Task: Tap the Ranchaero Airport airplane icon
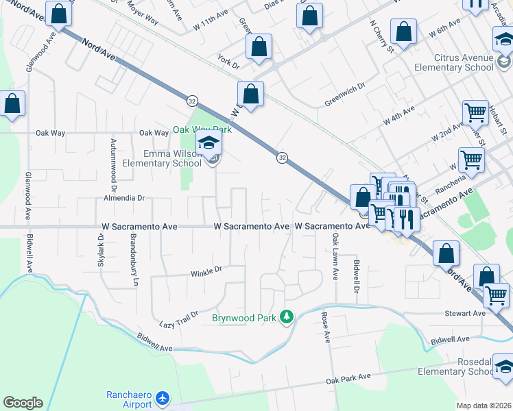pyautogui.click(x=162, y=397)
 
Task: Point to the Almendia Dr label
pyautogui.click(x=124, y=198)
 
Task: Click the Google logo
pyautogui.click(x=23, y=403)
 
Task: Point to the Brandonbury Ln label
pyautogui.click(x=135, y=262)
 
